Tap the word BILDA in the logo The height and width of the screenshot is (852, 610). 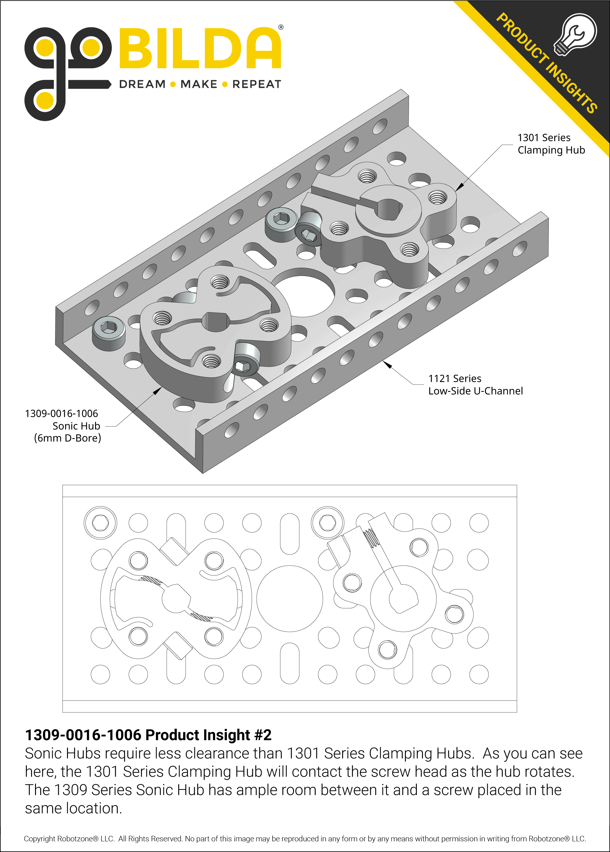tap(200, 49)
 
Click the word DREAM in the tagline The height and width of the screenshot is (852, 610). tap(142, 84)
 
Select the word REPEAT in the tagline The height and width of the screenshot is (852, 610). tap(256, 84)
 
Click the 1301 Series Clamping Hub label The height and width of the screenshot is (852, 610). tap(551, 144)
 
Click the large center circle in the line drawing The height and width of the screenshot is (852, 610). tap(289, 599)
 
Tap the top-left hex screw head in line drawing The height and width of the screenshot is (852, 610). tap(100, 523)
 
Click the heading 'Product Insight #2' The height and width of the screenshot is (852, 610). tap(148, 735)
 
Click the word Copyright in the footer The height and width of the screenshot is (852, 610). tap(41, 839)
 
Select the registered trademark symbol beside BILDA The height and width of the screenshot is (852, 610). tap(281, 27)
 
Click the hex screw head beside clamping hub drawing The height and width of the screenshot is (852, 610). tap(327, 523)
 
